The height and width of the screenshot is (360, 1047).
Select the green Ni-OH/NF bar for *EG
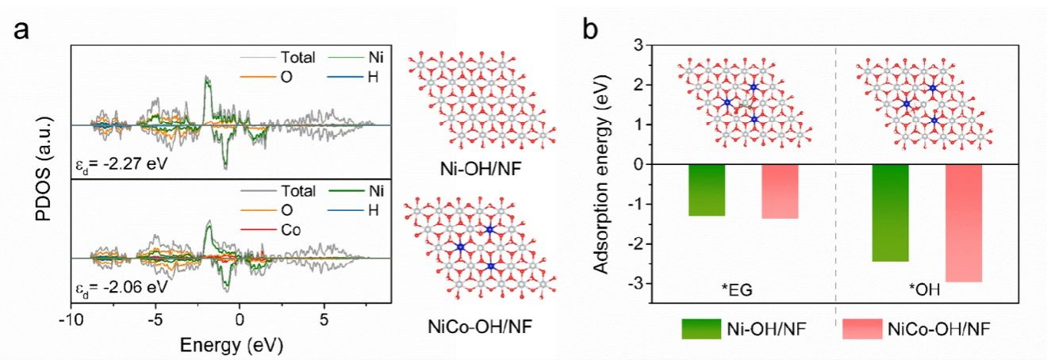[x=707, y=190]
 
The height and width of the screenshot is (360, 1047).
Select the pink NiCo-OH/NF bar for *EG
[x=780, y=191]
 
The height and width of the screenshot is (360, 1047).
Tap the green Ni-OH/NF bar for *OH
[x=891, y=213]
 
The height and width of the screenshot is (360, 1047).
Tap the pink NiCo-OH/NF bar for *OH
[x=964, y=223]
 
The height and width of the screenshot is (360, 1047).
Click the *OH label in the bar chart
[x=923, y=291]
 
